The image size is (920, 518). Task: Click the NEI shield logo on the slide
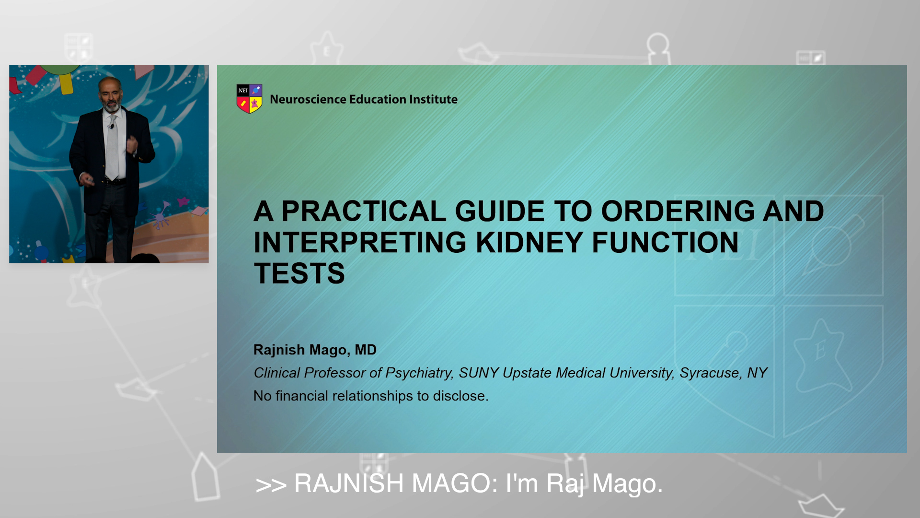click(249, 99)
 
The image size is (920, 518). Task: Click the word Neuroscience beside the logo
click(308, 99)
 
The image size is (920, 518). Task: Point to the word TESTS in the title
click(299, 273)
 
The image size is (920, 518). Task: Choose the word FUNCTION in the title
click(665, 242)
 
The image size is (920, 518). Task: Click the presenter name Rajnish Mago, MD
click(315, 350)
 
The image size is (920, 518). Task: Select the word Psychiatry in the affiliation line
click(420, 373)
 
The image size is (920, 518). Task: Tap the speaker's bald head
click(110, 84)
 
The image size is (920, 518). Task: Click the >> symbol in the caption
click(271, 485)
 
